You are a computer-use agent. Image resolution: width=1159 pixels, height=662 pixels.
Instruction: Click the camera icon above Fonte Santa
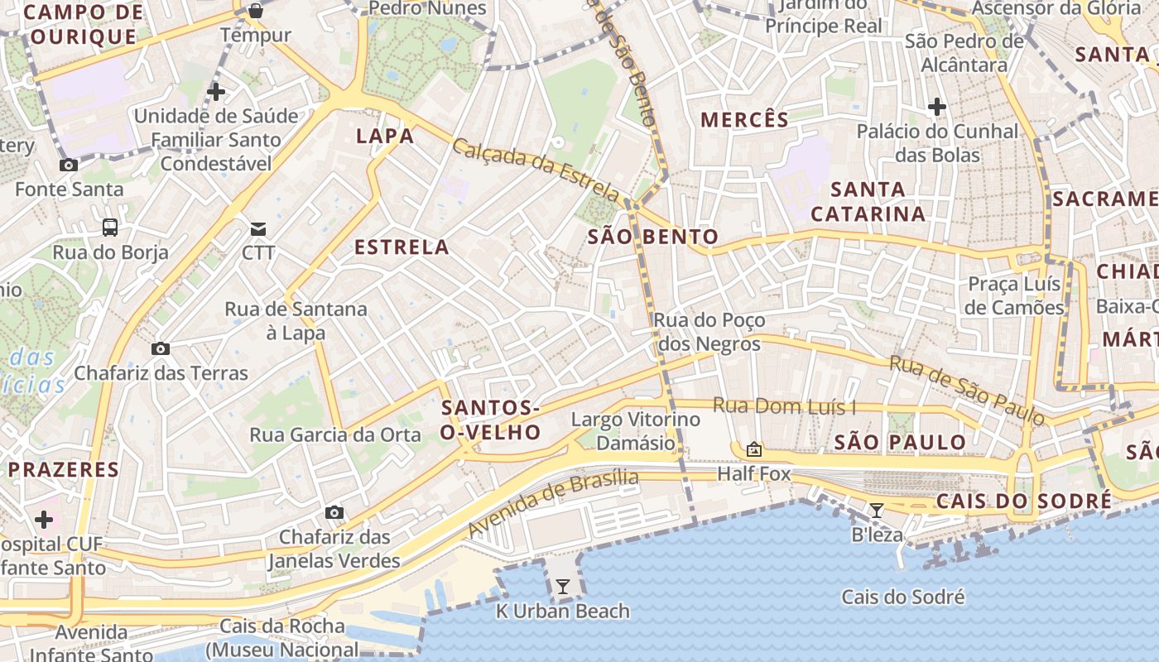pos(69,165)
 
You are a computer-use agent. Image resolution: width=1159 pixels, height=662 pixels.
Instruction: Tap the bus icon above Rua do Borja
pos(109,228)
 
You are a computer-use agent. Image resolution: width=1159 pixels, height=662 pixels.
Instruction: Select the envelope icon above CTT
pos(258,228)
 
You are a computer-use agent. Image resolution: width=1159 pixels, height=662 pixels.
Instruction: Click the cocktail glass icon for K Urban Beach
pos(563,587)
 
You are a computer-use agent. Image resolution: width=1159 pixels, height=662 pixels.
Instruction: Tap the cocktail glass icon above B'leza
pos(877,510)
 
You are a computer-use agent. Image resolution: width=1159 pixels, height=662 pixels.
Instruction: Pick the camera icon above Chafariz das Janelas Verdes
pos(334,513)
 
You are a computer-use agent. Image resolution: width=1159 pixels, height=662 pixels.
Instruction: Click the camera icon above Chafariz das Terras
pos(161,348)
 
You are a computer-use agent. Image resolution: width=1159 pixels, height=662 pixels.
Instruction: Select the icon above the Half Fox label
pos(753,450)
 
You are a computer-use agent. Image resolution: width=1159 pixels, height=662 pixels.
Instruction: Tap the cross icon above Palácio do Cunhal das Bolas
pos(937,107)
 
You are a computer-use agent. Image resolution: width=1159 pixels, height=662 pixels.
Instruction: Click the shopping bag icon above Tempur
pos(256,11)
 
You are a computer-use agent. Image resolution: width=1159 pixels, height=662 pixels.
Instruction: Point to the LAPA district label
pos(385,137)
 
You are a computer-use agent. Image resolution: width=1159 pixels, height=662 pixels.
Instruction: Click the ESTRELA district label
pos(402,247)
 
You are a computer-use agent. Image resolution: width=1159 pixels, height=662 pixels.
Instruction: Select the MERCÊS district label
pos(745,120)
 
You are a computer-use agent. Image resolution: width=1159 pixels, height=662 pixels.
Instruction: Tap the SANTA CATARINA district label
pos(868,202)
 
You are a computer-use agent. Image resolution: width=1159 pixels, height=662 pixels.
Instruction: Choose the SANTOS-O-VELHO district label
pos(491,420)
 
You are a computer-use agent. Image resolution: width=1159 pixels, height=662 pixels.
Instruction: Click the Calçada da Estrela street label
pos(536,170)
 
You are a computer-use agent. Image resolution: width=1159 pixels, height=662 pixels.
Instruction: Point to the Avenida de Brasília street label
pos(553,503)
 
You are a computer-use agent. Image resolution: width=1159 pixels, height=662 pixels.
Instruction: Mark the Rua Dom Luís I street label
pos(785,406)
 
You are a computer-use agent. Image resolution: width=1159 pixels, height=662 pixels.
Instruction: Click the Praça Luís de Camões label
pos(1015,295)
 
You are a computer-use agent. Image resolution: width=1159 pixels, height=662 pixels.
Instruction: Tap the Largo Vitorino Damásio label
pos(636,431)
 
